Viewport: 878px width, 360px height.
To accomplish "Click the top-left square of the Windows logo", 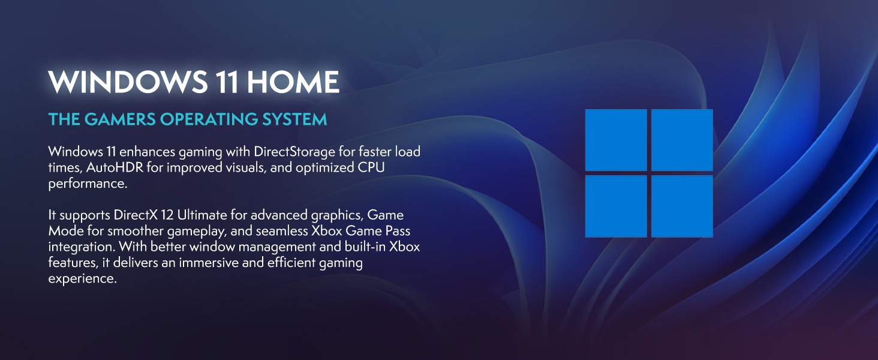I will click(x=616, y=140).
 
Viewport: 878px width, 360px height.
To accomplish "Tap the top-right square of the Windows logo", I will click(x=682, y=140).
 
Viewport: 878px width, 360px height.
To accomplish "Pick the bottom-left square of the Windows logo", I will click(x=616, y=206).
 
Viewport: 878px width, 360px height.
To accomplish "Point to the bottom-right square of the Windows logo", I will click(x=682, y=206).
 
